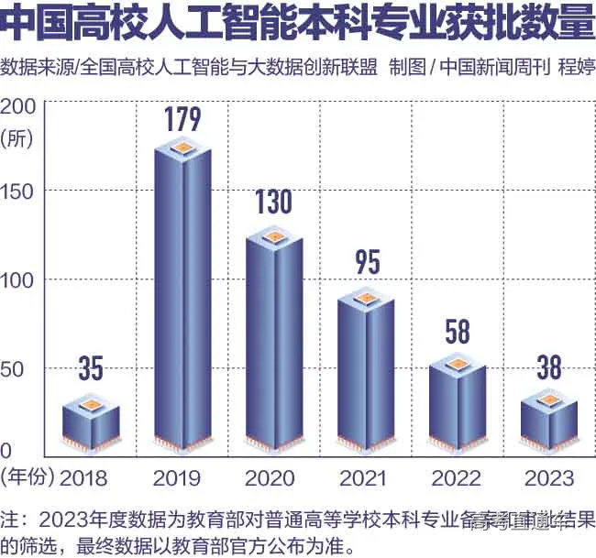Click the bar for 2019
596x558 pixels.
point(183,302)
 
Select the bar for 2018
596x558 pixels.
point(91,426)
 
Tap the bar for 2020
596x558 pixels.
point(274,344)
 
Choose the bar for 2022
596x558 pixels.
point(458,403)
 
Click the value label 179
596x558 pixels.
point(182,118)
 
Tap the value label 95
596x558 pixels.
point(367,263)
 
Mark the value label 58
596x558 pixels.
point(458,331)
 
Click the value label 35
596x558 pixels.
point(90,369)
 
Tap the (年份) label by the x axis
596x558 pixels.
point(28,476)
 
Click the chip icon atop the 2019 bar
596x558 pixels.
point(183,147)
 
